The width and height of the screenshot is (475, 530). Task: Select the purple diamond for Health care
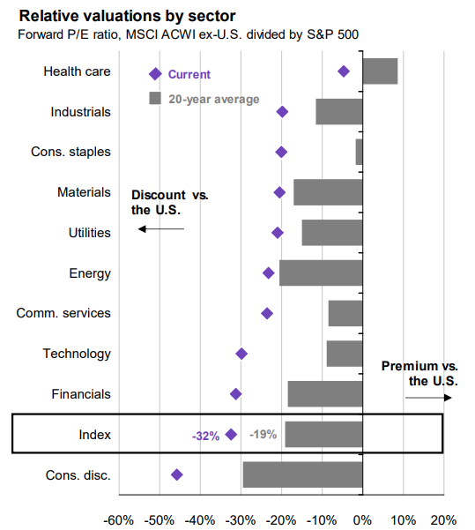pyautogui.click(x=344, y=71)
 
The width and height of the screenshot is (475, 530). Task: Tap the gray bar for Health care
pyautogui.click(x=380, y=71)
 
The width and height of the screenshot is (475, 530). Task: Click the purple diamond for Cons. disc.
pyautogui.click(x=177, y=474)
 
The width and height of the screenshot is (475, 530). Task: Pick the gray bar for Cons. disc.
pyautogui.click(x=302, y=474)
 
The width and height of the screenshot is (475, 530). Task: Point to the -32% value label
pyautogui.click(x=205, y=435)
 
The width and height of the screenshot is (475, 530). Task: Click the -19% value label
pyautogui.click(x=263, y=434)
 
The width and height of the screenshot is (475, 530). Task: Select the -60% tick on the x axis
pyautogui.click(x=120, y=519)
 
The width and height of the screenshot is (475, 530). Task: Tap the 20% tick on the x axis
pyautogui.click(x=443, y=519)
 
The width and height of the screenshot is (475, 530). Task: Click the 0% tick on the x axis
pyautogui.click(x=362, y=519)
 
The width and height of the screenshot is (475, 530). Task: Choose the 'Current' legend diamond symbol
pyautogui.click(x=155, y=75)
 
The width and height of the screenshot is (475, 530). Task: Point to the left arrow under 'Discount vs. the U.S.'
pyautogui.click(x=161, y=229)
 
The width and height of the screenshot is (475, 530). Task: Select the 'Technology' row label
pyautogui.click(x=77, y=354)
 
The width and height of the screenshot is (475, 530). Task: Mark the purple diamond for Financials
pyautogui.click(x=235, y=394)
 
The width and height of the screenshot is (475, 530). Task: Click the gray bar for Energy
pyautogui.click(x=321, y=272)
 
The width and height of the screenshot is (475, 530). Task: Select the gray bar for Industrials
pyautogui.click(x=339, y=111)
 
